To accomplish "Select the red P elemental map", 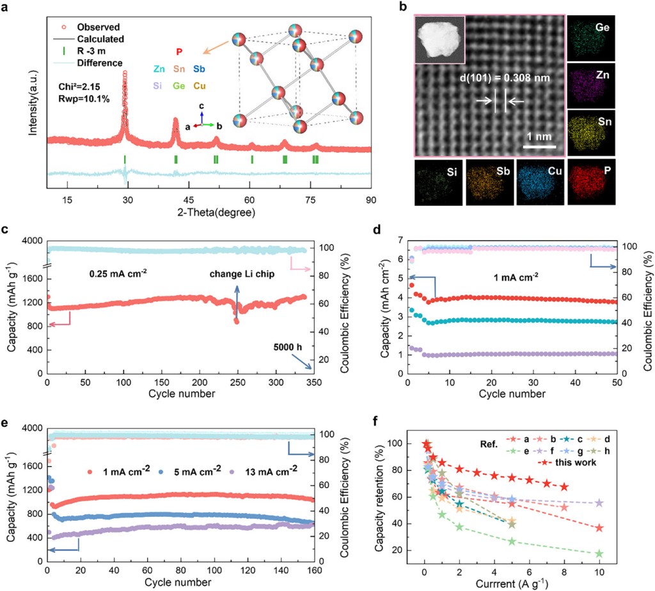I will click(x=592, y=181).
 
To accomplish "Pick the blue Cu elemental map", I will click(x=541, y=181).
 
